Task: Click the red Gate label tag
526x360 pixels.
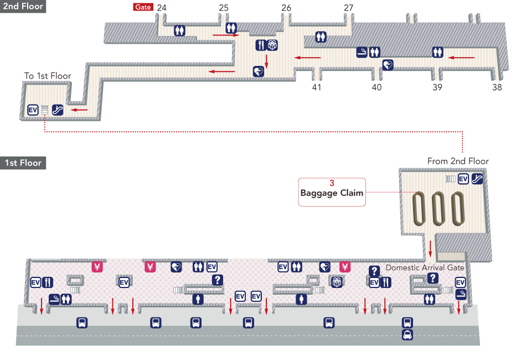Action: coord(143,8)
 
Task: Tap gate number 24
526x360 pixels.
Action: coord(162,8)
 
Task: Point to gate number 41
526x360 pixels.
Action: coord(317,88)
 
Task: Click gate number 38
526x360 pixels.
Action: coord(497,88)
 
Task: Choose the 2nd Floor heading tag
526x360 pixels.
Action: coord(22,7)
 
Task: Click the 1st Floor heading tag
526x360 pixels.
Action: coord(22,163)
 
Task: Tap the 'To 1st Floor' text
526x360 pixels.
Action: coord(47,75)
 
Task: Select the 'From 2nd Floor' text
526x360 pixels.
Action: coord(458,161)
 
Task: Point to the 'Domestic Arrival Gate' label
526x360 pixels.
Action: coord(425,268)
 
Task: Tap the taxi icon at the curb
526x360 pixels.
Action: coord(408,335)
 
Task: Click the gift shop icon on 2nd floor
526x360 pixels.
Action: coord(272,45)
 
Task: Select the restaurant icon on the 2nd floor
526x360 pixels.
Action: coord(261,45)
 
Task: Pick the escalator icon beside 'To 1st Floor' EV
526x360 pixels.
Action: coord(57,110)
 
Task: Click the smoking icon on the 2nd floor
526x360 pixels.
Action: coord(362,52)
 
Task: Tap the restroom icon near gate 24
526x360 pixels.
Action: coord(179,30)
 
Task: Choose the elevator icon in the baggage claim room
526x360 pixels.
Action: coord(463,178)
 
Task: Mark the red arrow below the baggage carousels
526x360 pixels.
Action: coord(430,249)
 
